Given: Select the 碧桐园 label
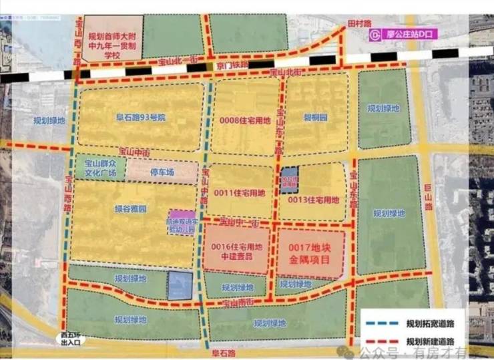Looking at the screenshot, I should pyautogui.click(x=316, y=116).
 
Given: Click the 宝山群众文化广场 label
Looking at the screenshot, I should pyautogui.click(x=100, y=168).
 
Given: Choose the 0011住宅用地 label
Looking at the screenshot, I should pyautogui.click(x=240, y=193).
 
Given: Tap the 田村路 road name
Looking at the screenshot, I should pyautogui.click(x=358, y=23).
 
